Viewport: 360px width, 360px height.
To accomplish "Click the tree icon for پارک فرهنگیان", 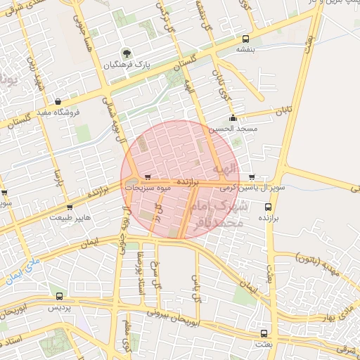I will [x=126, y=53].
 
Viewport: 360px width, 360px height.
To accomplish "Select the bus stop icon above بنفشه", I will [x=245, y=39].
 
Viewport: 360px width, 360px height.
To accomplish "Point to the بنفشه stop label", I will [x=245, y=50].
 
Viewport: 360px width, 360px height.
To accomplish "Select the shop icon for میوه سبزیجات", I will [x=147, y=177].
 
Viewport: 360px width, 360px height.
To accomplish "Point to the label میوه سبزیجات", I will [x=148, y=188].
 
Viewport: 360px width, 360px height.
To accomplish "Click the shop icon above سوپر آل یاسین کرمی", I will [x=252, y=177].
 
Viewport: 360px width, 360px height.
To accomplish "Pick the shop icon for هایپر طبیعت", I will [x=69, y=207].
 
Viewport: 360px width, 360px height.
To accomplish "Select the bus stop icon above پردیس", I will [x=59, y=297].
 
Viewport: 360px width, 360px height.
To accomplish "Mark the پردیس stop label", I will [x=59, y=308].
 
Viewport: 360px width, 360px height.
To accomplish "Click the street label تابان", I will [x=283, y=110].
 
